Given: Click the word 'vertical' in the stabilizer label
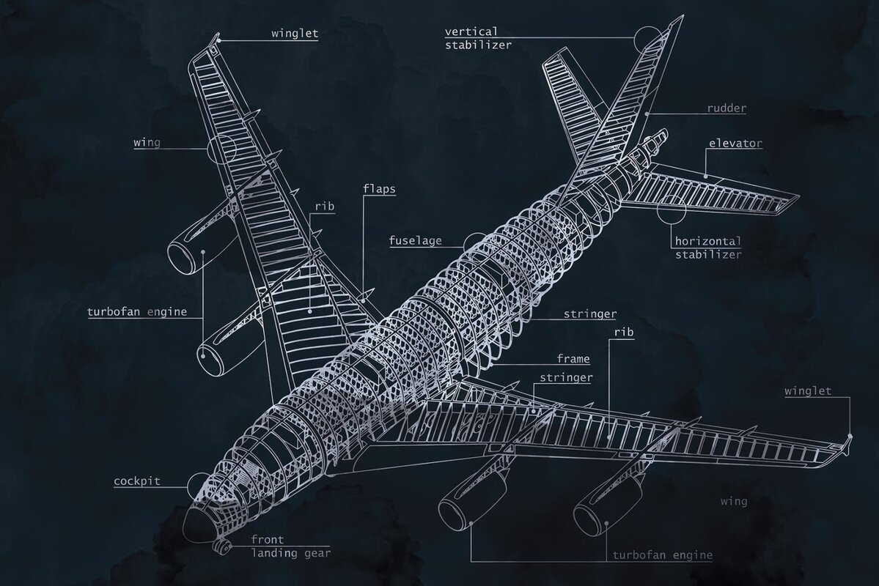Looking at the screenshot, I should (x=471, y=31).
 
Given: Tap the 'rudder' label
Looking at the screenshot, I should (x=727, y=108).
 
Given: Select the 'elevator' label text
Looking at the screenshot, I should (x=735, y=144).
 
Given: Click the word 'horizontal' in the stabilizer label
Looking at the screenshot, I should (x=707, y=241).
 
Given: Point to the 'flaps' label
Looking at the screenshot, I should (x=379, y=189).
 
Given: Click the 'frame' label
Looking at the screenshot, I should (x=573, y=359).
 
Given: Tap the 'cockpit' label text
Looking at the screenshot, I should (x=137, y=481).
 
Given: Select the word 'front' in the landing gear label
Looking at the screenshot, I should (x=268, y=540).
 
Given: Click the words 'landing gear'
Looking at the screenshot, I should (x=291, y=553).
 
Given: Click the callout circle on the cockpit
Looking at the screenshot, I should (x=199, y=484).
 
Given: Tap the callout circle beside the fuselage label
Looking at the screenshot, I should (x=475, y=242).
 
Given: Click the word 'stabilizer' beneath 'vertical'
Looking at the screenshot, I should (x=478, y=45).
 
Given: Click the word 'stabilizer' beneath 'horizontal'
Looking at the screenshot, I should (x=707, y=255).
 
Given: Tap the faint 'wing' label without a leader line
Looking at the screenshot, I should (x=734, y=502).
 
